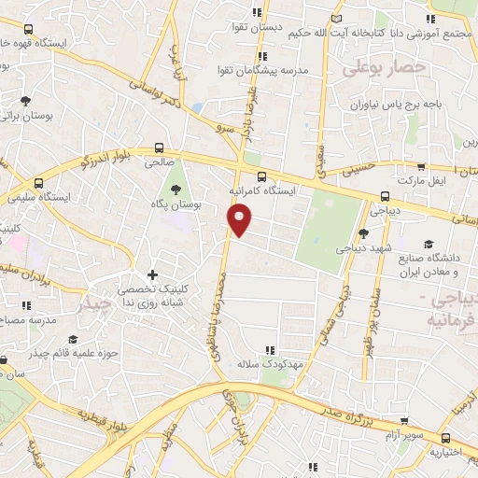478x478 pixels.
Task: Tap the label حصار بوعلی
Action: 384,67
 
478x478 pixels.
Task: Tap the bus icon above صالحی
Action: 161,148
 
